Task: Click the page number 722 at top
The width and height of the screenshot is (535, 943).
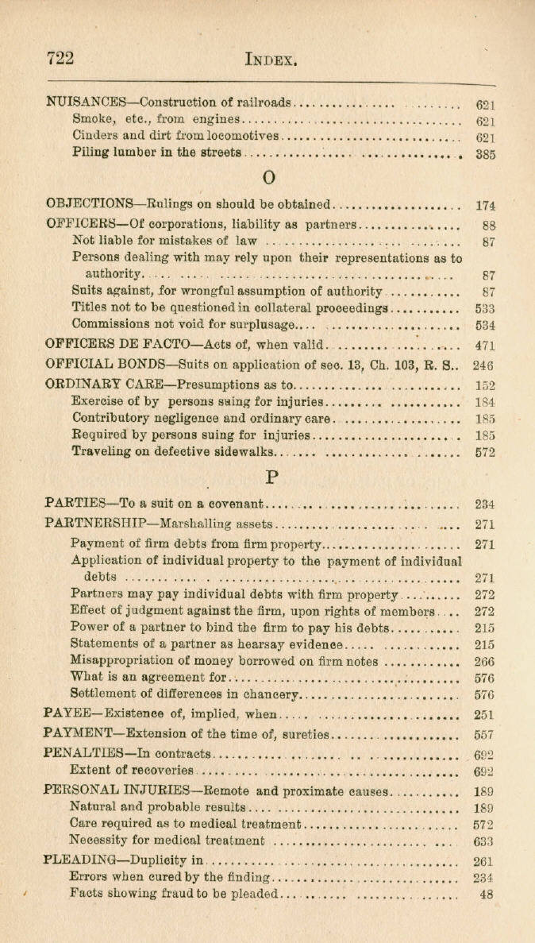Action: (x=60, y=58)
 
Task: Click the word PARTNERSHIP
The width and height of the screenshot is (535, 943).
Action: (x=98, y=524)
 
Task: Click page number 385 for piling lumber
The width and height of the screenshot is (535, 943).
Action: (x=485, y=155)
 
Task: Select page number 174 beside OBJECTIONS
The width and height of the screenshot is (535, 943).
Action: (x=485, y=205)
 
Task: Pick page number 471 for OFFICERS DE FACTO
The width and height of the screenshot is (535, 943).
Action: (x=485, y=345)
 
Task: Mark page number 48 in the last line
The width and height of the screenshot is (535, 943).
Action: (x=487, y=894)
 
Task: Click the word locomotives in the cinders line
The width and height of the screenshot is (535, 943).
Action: (x=242, y=137)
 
